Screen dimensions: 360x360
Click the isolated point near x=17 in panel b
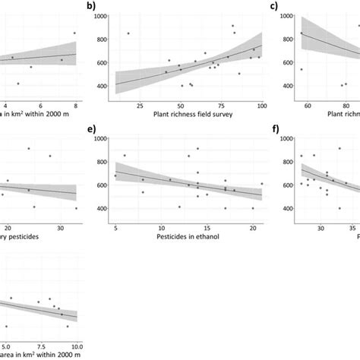(128, 33)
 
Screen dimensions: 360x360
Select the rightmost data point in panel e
(262, 184)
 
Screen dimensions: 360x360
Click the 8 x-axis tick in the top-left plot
(74, 104)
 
